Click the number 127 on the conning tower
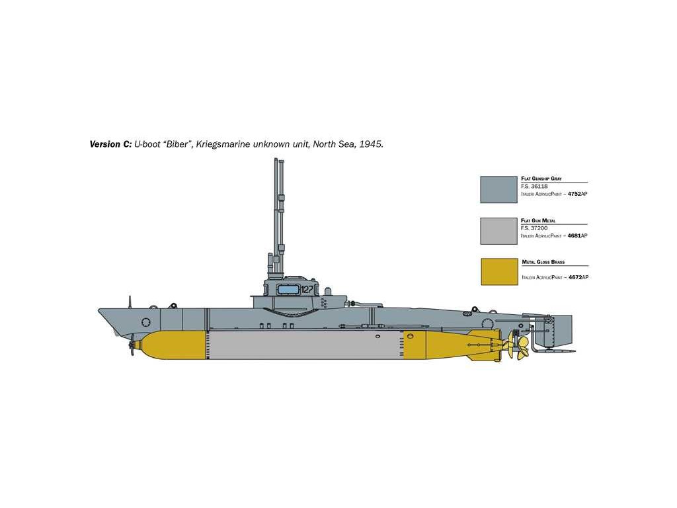(307, 289)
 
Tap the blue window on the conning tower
(288, 289)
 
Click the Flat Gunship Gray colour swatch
(498, 189)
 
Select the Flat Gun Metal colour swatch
(498, 231)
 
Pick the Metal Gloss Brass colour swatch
(498, 272)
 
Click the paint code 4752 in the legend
(572, 194)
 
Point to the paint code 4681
(572, 235)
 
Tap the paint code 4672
(572, 277)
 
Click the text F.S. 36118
(534, 186)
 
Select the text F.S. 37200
(534, 228)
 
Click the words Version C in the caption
(110, 144)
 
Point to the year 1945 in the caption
(368, 144)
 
